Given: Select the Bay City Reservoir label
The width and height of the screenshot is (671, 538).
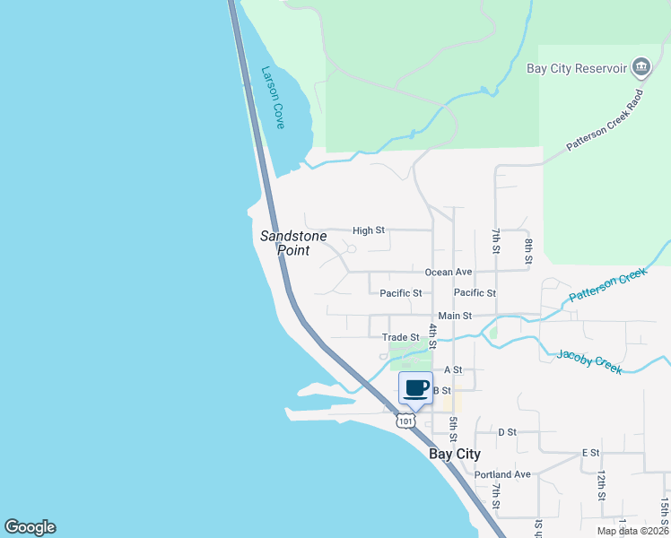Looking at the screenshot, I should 577,68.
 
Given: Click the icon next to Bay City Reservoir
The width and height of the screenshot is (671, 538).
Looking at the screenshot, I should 640,67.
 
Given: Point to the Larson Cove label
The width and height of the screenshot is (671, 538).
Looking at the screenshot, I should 273,98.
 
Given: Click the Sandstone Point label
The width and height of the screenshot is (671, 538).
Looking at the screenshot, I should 285,243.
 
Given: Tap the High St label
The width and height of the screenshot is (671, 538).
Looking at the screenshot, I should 369,230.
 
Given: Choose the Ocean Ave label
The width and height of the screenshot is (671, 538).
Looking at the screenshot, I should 448,272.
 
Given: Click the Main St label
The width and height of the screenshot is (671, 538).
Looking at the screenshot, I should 456,316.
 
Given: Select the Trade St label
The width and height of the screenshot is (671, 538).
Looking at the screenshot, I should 401,337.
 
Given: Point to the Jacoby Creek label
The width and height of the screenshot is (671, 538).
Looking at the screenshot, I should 589,362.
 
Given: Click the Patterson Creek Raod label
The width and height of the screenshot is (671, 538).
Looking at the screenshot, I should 606,120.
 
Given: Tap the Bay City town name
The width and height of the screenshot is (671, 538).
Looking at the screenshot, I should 455,454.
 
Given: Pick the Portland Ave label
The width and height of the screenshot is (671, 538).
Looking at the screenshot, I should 503,474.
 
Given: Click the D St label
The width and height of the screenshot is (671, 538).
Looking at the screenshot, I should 508,432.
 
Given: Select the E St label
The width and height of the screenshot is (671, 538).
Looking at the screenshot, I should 590,453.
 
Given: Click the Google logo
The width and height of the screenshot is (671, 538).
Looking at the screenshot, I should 30,527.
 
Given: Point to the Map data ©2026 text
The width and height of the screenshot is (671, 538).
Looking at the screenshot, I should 632,531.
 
